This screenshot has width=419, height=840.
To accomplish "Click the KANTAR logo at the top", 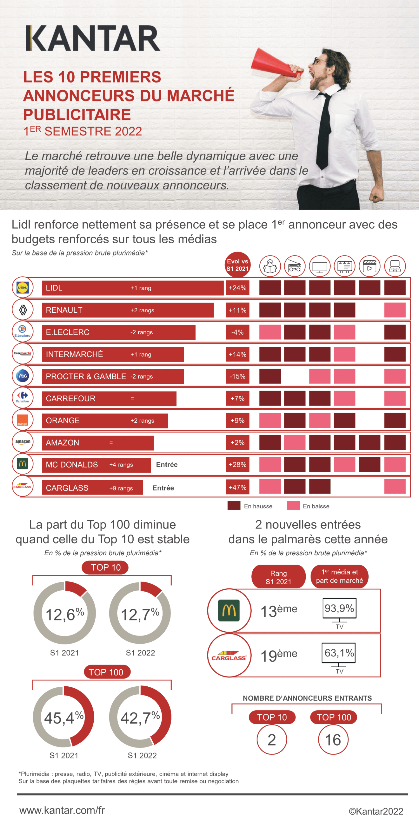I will point(93,39).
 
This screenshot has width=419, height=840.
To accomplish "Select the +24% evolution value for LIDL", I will point(237,288).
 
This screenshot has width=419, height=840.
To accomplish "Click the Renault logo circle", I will point(23,310).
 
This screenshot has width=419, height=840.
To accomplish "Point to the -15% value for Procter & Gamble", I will point(237,376).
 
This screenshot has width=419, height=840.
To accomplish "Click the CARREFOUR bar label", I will point(71,398).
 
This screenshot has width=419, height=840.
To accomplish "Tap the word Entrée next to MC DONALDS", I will point(167,465).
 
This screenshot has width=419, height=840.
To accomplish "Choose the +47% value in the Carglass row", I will point(237,487).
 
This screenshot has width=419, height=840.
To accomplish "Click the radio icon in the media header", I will point(295,266).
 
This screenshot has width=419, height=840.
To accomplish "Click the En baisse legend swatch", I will point(293,506).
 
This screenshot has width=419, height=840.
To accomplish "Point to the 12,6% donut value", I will point(65,614).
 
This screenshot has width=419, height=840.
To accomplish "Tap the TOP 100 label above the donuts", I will point(106,672).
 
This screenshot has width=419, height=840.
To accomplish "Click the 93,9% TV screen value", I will point(339,608).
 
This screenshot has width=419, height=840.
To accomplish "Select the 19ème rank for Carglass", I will point(279,655).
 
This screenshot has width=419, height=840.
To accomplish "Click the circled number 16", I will point(333,739).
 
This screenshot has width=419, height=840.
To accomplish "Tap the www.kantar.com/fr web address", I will point(62,810).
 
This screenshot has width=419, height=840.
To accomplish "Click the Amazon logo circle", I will point(23,442).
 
